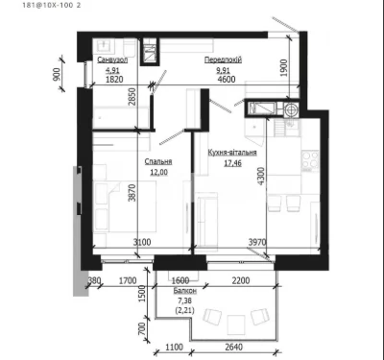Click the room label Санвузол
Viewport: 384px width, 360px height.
112,60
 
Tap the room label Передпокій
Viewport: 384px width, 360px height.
223,60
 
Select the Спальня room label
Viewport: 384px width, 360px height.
158,161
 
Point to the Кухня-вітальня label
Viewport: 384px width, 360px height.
232,153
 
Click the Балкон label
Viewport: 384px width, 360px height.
185,291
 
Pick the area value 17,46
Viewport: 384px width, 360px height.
232,163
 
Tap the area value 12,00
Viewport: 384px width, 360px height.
158,173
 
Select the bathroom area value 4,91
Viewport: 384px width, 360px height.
112,70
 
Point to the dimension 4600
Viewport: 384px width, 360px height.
227,79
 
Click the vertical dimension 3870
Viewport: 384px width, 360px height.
132,193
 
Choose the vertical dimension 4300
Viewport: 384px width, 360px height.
261,176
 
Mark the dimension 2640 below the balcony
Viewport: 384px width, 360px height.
234,347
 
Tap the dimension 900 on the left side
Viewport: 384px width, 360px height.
57,74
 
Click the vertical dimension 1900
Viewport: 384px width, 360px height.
284,68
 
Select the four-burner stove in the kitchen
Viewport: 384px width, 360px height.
310,160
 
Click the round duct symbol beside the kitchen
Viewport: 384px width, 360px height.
291,109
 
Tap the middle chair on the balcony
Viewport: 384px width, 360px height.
236,324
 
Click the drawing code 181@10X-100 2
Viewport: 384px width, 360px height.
52,6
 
